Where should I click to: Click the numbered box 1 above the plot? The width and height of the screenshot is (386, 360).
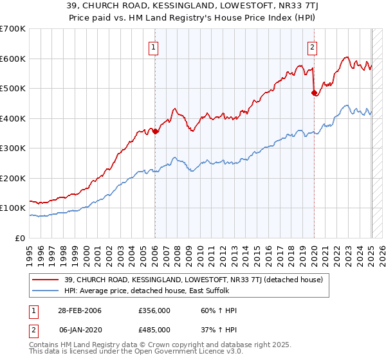(x=154, y=46)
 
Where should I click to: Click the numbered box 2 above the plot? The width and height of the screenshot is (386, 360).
(x=312, y=46)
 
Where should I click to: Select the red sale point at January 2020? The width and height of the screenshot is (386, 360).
(x=314, y=93)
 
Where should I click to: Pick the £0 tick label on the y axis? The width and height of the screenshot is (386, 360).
(x=21, y=238)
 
